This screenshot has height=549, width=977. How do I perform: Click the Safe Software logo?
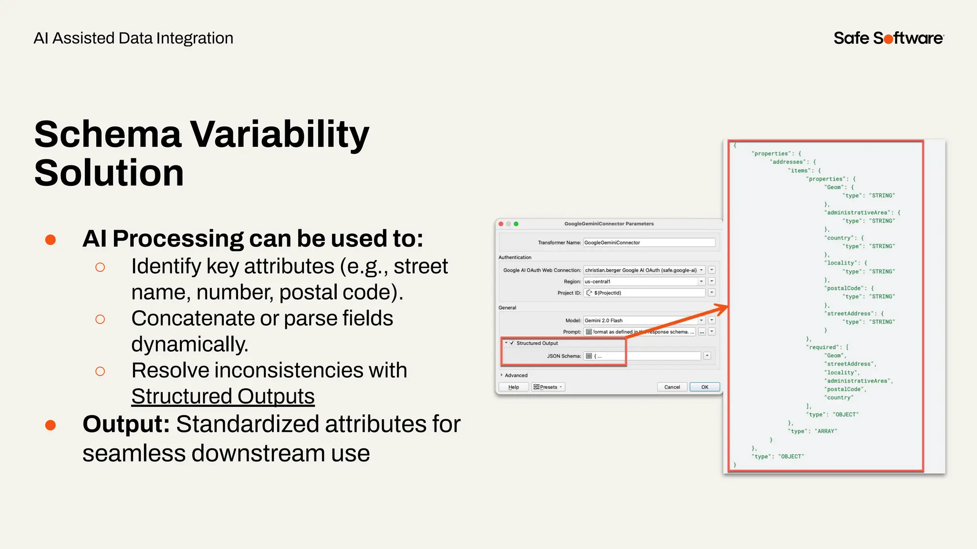(888, 38)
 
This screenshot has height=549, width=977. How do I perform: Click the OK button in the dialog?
(704, 387)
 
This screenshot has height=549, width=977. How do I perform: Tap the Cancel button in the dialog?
(672, 387)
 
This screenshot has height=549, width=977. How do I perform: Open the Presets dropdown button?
(548, 387)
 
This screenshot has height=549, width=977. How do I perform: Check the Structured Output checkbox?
(512, 343)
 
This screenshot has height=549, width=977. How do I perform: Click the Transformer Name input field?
(649, 243)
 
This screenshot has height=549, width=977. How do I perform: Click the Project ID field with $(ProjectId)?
(644, 293)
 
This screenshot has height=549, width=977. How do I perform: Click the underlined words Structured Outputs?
(223, 396)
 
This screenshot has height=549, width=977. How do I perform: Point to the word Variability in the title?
(280, 134)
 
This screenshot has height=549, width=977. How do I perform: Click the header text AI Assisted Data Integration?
(134, 38)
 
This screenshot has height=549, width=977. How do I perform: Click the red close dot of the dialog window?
(501, 224)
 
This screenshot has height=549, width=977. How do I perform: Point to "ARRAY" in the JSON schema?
(826, 431)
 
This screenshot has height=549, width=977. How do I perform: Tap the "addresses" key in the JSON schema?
(788, 162)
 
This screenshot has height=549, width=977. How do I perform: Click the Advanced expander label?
(516, 376)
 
